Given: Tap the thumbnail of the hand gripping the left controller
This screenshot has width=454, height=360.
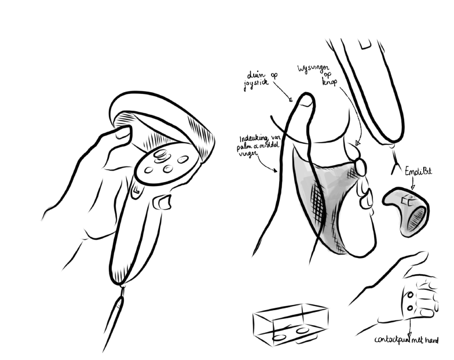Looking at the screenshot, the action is pyautogui.click(x=122, y=134).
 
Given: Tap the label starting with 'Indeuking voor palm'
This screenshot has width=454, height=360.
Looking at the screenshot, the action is pyautogui.click(x=259, y=148).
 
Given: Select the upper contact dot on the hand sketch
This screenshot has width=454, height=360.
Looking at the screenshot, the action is pyautogui.click(x=409, y=296).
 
